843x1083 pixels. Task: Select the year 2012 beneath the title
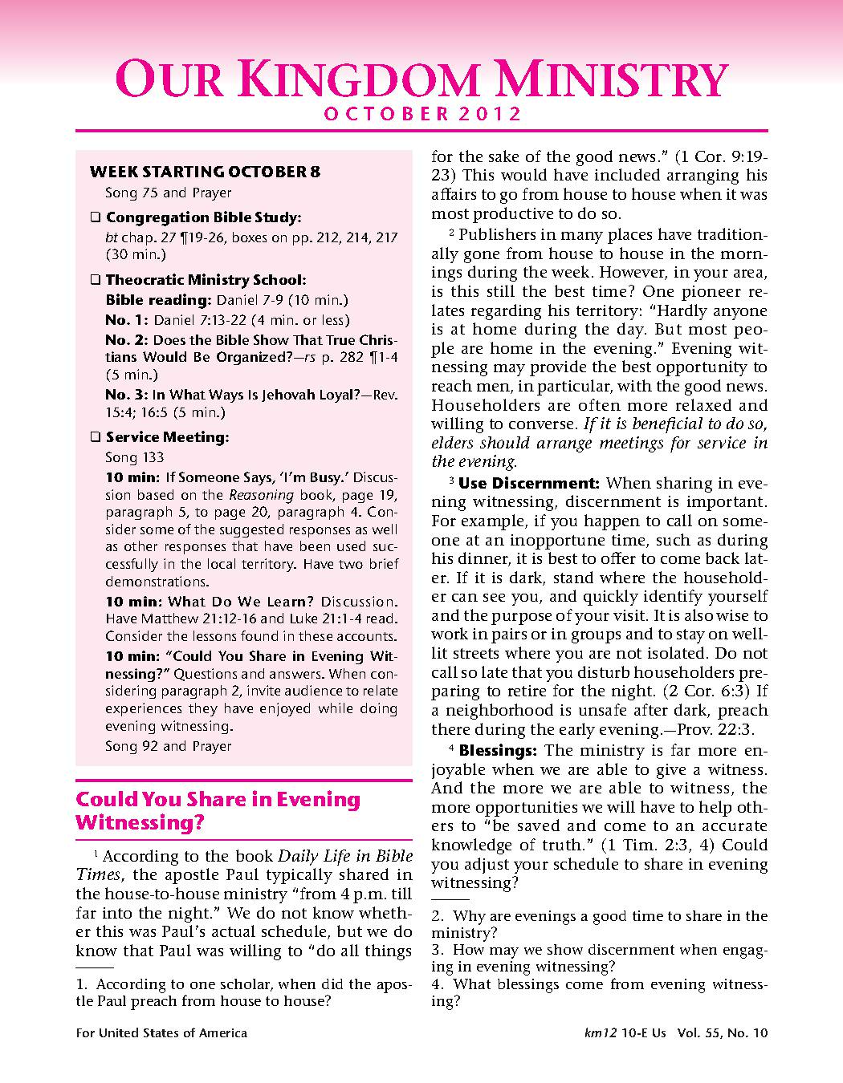coord(491,114)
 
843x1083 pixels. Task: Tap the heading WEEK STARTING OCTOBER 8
coord(205,172)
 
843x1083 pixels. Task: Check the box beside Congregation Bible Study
coord(95,217)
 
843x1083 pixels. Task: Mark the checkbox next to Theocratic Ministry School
coord(95,280)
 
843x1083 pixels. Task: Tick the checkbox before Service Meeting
coord(95,437)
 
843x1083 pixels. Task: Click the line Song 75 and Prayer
coord(168,193)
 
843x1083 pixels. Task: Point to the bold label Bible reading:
coord(157,300)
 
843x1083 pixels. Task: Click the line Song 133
coord(134,457)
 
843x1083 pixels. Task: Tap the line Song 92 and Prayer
coord(168,746)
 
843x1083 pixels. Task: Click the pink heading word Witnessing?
coord(140,822)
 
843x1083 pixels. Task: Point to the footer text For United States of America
coord(161,1033)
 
